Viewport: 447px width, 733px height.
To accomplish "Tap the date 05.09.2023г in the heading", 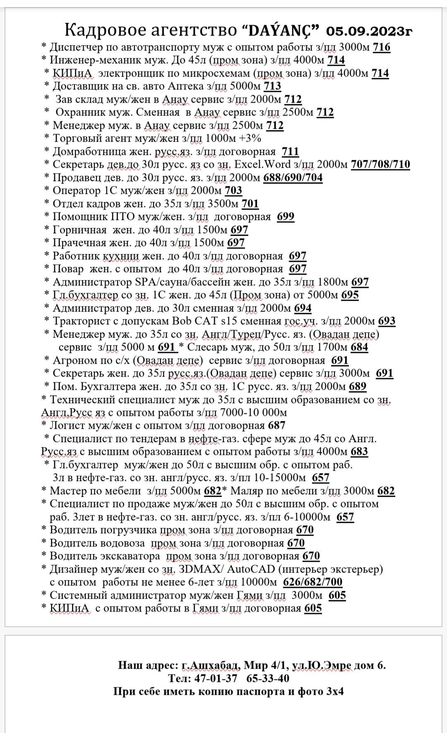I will tap(369, 31).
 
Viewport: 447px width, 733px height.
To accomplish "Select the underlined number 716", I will tap(382, 47).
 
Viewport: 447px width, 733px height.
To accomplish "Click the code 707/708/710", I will tap(380, 165).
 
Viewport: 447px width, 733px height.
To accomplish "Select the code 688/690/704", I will tap(293, 178).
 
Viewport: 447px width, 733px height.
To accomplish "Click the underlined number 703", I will tap(233, 191).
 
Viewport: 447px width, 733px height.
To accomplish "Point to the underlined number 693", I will tap(387, 321).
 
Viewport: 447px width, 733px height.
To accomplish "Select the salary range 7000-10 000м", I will tap(254, 413).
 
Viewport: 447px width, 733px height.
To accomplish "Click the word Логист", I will tap(67, 426).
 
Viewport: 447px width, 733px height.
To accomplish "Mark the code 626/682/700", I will tap(312, 582).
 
